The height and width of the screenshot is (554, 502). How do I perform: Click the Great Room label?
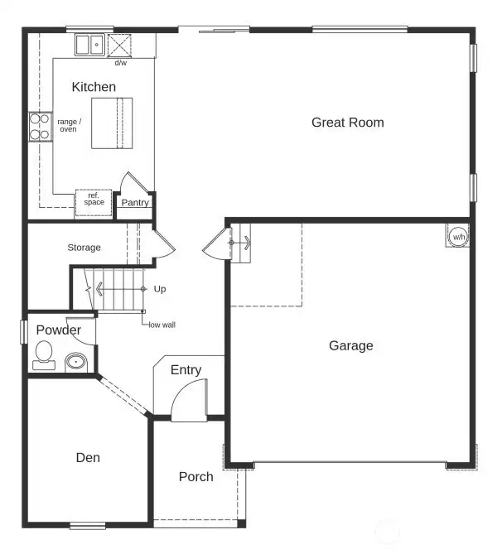[x=347, y=123]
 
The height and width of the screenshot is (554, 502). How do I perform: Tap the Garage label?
[x=350, y=345]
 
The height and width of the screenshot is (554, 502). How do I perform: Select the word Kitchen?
[x=94, y=87]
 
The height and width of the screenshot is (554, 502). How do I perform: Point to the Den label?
[x=88, y=457]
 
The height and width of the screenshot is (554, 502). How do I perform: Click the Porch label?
[x=196, y=477]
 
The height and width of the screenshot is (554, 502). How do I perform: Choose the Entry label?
[x=186, y=370]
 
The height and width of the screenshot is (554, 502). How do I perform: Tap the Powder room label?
[x=58, y=330]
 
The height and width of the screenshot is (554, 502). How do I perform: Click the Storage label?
[x=84, y=248]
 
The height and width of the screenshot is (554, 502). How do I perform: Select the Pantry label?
[x=135, y=203]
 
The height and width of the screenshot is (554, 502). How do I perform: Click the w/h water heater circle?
[x=457, y=237]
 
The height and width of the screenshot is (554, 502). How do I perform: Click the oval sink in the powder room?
[x=76, y=361]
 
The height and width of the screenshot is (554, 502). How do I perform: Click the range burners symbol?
[x=40, y=126]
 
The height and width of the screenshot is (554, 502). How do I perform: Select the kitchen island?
[x=111, y=123]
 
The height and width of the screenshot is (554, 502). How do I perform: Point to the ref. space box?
[x=94, y=202]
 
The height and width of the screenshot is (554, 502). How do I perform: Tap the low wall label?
[x=162, y=325]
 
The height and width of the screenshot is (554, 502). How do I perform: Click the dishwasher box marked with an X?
[x=119, y=45]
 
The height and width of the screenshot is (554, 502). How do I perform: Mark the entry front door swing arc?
[x=187, y=402]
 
